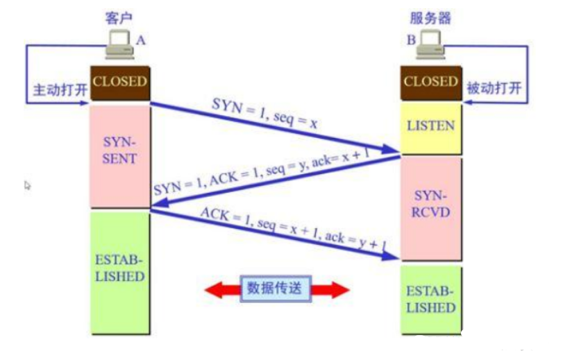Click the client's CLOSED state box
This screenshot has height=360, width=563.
click(x=119, y=82)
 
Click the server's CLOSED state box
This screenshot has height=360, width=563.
click(x=430, y=82)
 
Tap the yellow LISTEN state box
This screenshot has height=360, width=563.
click(x=430, y=126)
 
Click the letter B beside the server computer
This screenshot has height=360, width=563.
click(x=411, y=40)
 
